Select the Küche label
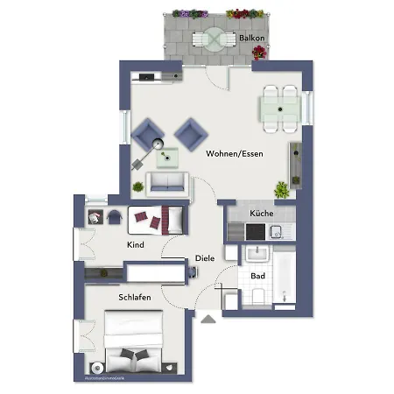click(261, 214)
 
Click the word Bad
click(257, 277)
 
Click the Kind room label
click(135, 244)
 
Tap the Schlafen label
click(135, 298)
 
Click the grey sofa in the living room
click(166, 182)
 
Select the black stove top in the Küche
click(253, 231)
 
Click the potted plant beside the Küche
click(282, 188)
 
